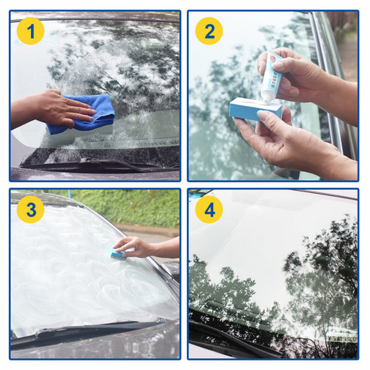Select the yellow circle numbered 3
point(30,209)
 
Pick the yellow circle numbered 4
point(209,209)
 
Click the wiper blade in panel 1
point(90,162)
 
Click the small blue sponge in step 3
point(118,254)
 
